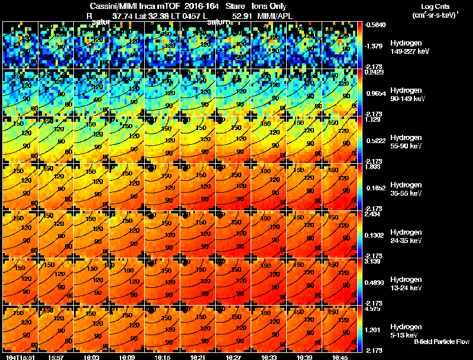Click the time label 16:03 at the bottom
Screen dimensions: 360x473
point(92,357)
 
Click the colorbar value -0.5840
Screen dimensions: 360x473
point(377,25)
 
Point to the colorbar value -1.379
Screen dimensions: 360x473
point(375,46)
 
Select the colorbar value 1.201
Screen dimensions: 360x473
point(375,329)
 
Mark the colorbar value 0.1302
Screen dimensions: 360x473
point(376,235)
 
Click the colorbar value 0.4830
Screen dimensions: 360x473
point(376,282)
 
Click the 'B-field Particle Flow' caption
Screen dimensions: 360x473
point(441,342)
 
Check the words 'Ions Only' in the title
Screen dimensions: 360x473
point(269,7)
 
